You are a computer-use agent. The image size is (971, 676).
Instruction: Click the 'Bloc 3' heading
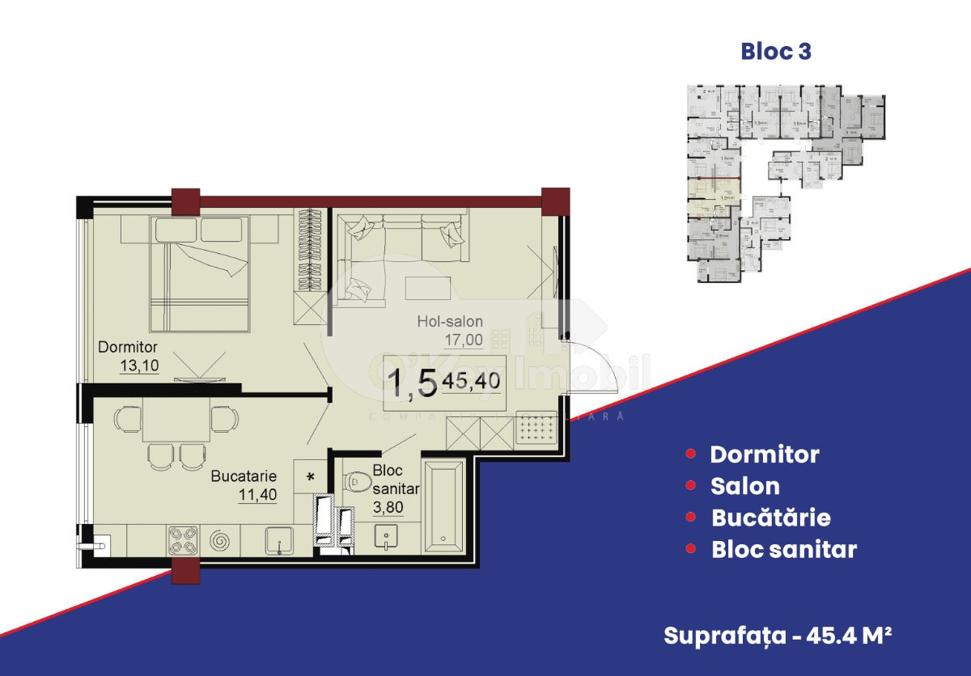point(776,52)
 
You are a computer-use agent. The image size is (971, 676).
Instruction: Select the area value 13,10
point(138,365)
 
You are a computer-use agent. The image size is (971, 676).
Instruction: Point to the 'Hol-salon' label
point(451,322)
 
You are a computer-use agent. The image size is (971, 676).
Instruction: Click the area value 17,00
point(463,340)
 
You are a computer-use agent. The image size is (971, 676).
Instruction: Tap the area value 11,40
point(257,494)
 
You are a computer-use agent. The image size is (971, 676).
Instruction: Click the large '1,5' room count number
point(413,383)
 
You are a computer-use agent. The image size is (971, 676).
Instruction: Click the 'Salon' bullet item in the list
point(744,486)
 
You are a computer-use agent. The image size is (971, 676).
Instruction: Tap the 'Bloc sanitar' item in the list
point(783,549)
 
